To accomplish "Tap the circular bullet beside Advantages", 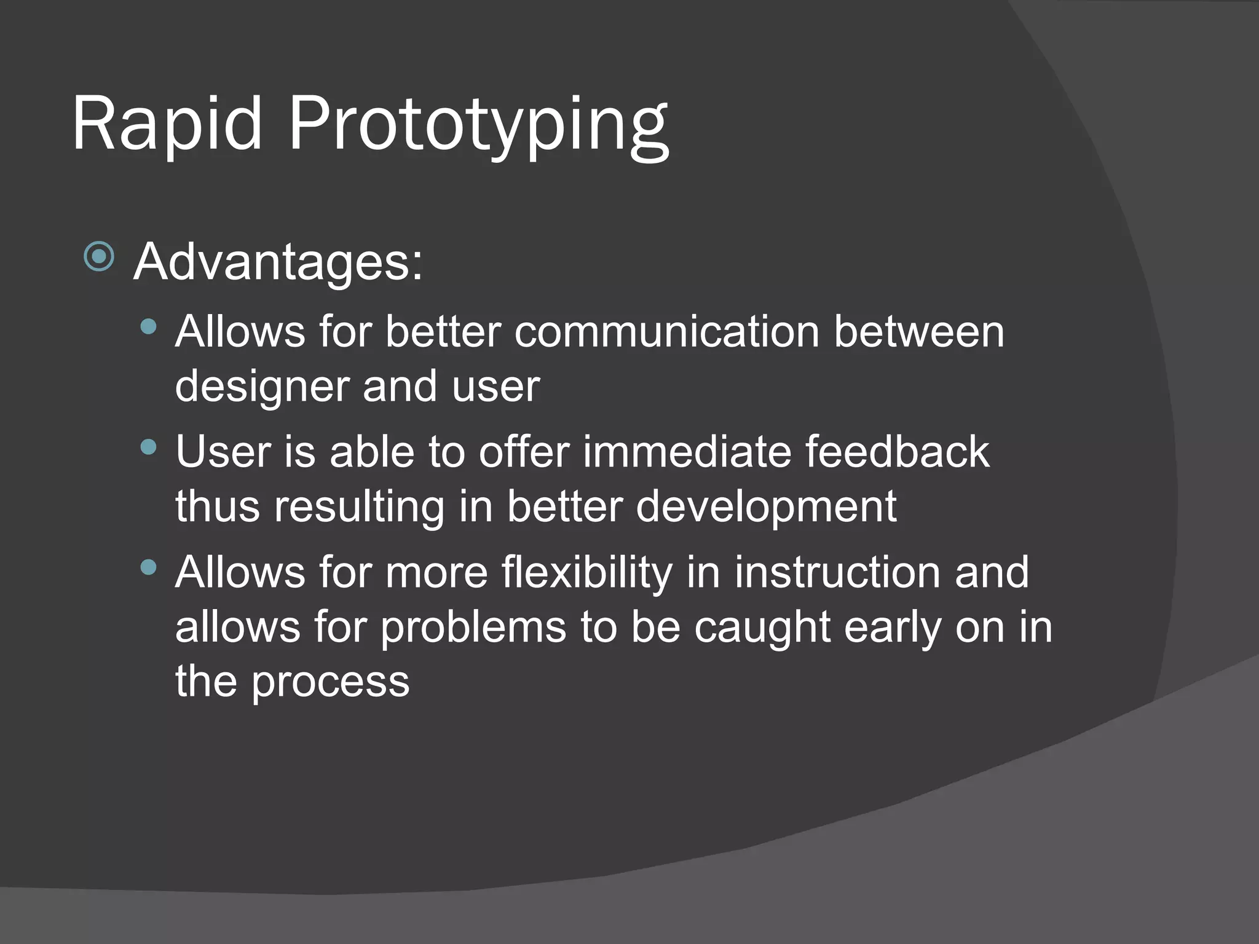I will tap(99, 257).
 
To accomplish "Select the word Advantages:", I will tap(278, 263).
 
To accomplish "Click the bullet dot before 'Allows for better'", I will tap(148, 326).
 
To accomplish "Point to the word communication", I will tap(667, 332).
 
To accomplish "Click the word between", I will tap(918, 332).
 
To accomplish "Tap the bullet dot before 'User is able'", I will tap(148, 447).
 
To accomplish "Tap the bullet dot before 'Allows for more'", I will tap(148, 567).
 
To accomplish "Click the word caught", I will tap(762, 628).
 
